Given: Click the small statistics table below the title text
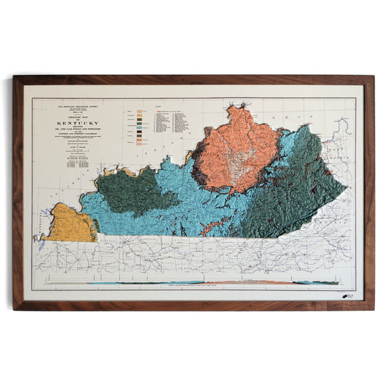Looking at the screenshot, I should click(x=73, y=162).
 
